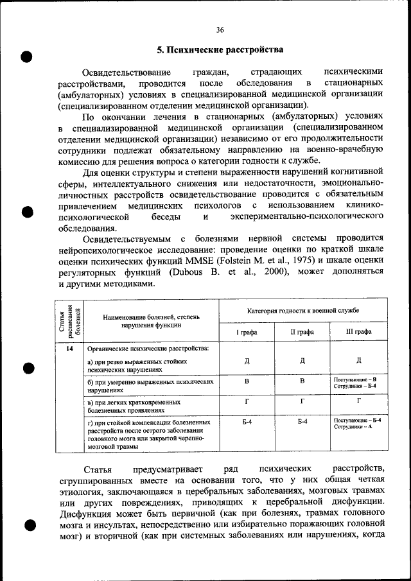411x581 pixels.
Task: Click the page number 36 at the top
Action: (220, 30)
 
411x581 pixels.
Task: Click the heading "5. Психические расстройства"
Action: (220, 50)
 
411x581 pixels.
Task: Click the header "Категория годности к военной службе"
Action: (302, 310)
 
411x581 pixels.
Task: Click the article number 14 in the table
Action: (69, 349)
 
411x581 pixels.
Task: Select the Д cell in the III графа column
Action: (358, 360)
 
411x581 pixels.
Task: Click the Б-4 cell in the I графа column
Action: (247, 421)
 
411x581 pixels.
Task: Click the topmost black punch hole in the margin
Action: (27, 56)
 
